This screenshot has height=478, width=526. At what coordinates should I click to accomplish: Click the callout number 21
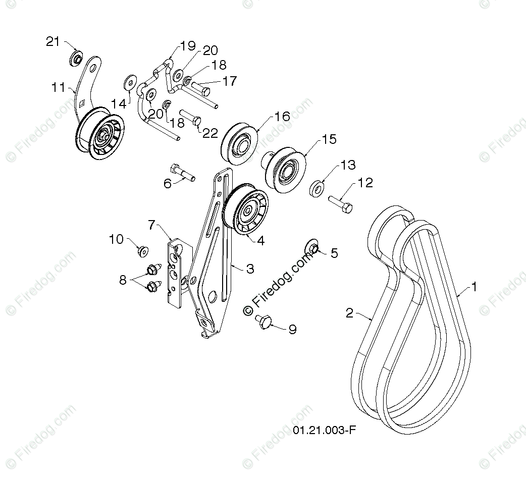[53, 41]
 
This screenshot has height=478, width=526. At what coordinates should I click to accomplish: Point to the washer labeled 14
[130, 81]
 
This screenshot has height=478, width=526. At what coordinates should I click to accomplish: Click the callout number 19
[187, 46]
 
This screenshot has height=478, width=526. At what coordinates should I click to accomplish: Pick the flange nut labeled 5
[312, 247]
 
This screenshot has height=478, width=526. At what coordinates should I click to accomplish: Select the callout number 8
[123, 279]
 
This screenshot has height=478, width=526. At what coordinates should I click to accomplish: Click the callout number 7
[151, 225]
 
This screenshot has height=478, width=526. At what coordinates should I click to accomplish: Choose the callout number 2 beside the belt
[349, 313]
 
